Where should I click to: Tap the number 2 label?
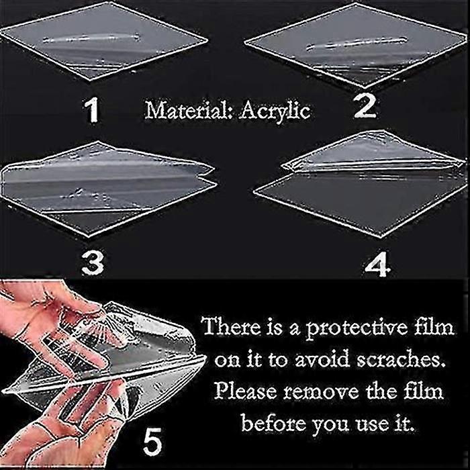pyautogui.click(x=365, y=107)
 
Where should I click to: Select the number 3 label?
pyautogui.click(x=93, y=263)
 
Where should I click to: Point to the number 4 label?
pyautogui.click(x=377, y=265)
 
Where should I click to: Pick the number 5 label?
pyautogui.click(x=152, y=442)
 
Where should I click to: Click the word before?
pyautogui.click(x=273, y=422)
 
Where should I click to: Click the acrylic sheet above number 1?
pyautogui.click(x=103, y=42)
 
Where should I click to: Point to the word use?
pyautogui.click(x=372, y=424)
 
